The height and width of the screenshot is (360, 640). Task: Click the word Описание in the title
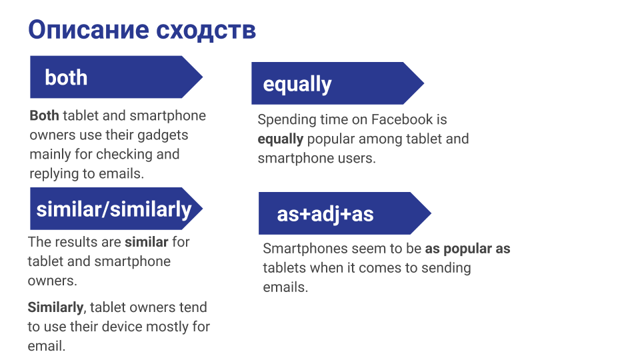pyautogui.click(x=89, y=30)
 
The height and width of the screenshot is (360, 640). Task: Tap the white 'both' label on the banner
pyautogui.click(x=66, y=77)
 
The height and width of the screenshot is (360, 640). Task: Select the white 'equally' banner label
pyautogui.click(x=297, y=85)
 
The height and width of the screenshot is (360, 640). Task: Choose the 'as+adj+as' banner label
pyautogui.click(x=325, y=214)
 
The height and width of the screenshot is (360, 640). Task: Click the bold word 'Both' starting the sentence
pyautogui.click(x=44, y=115)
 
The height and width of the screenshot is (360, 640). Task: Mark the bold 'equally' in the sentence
pyautogui.click(x=281, y=139)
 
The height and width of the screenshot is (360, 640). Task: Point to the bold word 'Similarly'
pyautogui.click(x=55, y=307)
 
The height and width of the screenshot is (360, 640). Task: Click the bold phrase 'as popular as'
pyautogui.click(x=468, y=249)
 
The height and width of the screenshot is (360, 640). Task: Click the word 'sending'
pyautogui.click(x=446, y=269)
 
